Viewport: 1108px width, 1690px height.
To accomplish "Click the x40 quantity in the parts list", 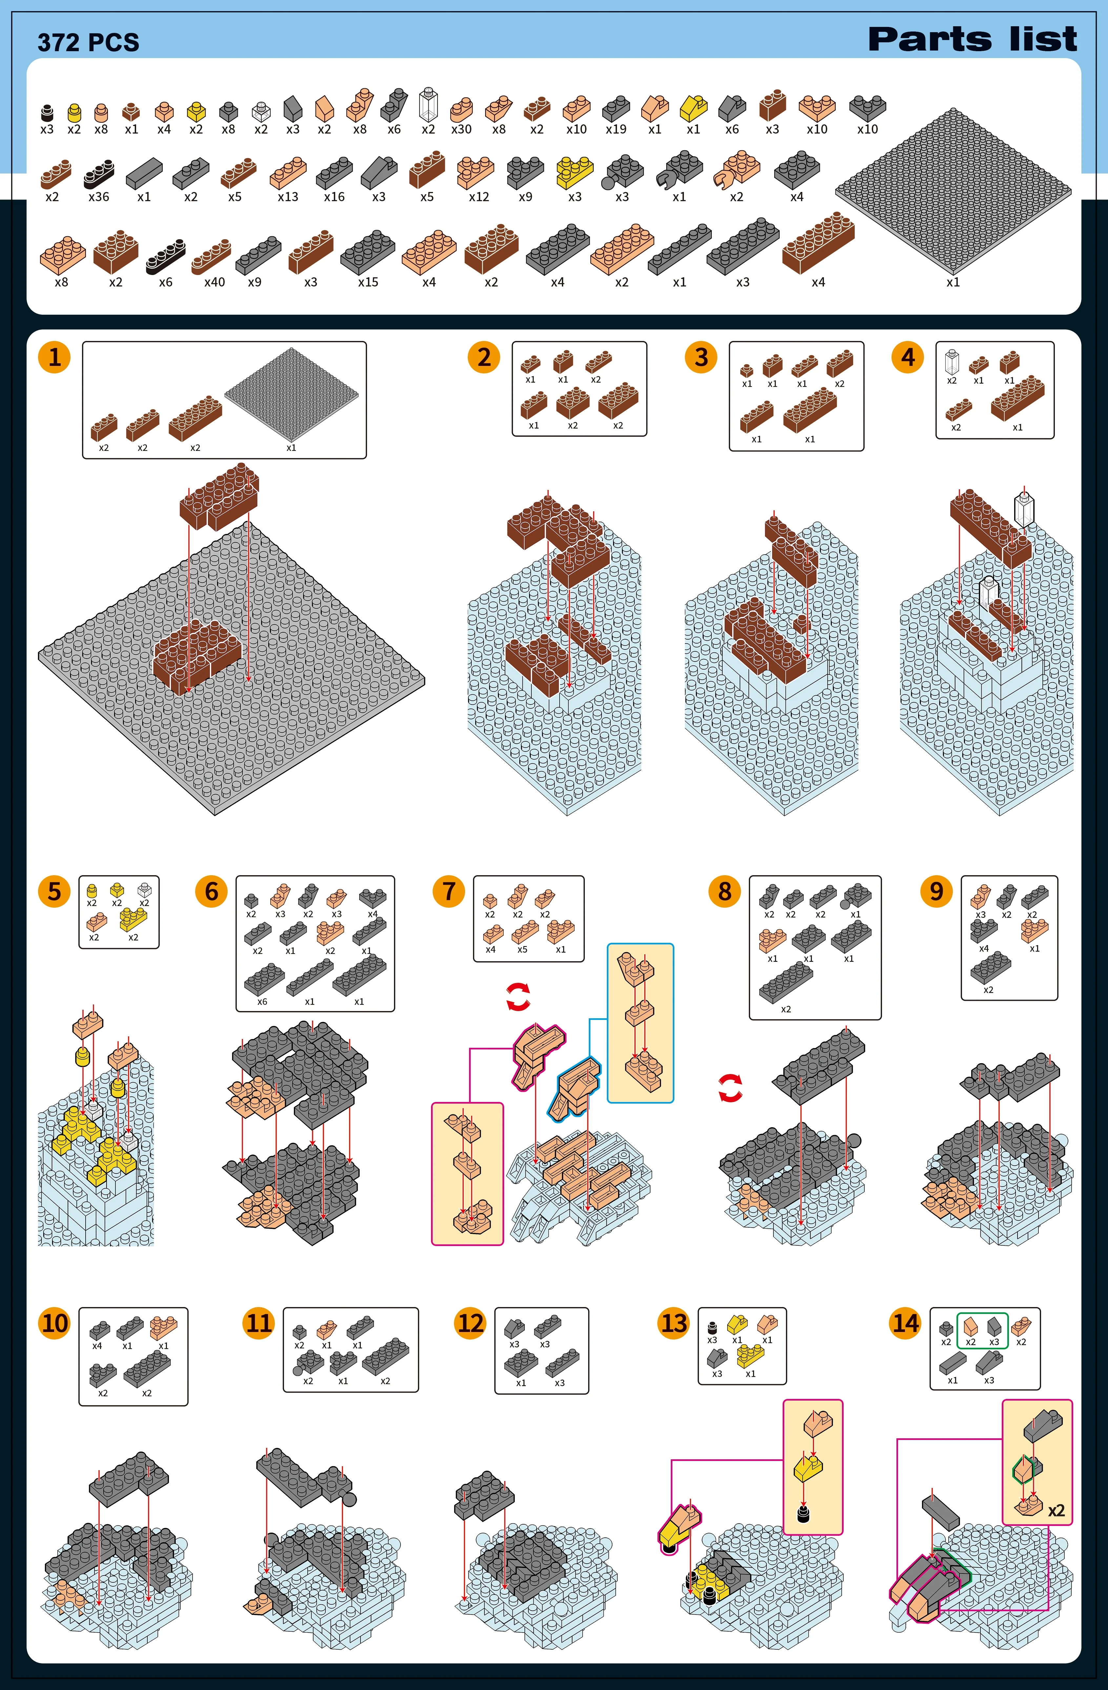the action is pyautogui.click(x=215, y=282).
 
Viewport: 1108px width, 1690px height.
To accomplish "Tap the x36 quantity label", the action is pyautogui.click(x=99, y=197).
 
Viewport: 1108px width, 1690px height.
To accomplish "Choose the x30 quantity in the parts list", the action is pyautogui.click(x=462, y=129).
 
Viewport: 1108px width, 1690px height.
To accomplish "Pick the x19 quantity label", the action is pyautogui.click(x=616, y=129).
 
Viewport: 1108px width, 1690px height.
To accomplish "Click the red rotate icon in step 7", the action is pyautogui.click(x=518, y=997).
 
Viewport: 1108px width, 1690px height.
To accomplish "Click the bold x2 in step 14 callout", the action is pyautogui.click(x=1056, y=1510).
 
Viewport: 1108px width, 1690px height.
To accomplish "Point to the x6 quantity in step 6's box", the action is pyautogui.click(x=262, y=1001).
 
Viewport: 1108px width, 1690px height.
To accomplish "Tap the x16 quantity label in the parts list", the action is pyautogui.click(x=334, y=197).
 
